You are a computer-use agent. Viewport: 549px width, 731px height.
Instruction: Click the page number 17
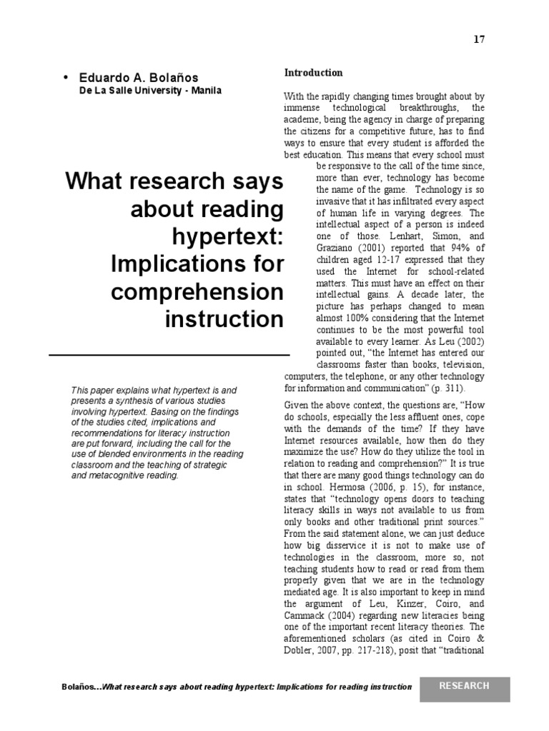point(479,39)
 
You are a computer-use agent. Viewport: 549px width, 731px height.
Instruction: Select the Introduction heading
point(314,73)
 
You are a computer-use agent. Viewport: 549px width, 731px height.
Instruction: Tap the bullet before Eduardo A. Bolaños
point(66,77)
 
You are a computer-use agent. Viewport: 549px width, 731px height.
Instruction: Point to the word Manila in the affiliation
point(206,91)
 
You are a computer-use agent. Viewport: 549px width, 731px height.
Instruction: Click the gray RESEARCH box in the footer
point(465,686)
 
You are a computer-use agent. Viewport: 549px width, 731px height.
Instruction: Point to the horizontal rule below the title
point(169,354)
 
